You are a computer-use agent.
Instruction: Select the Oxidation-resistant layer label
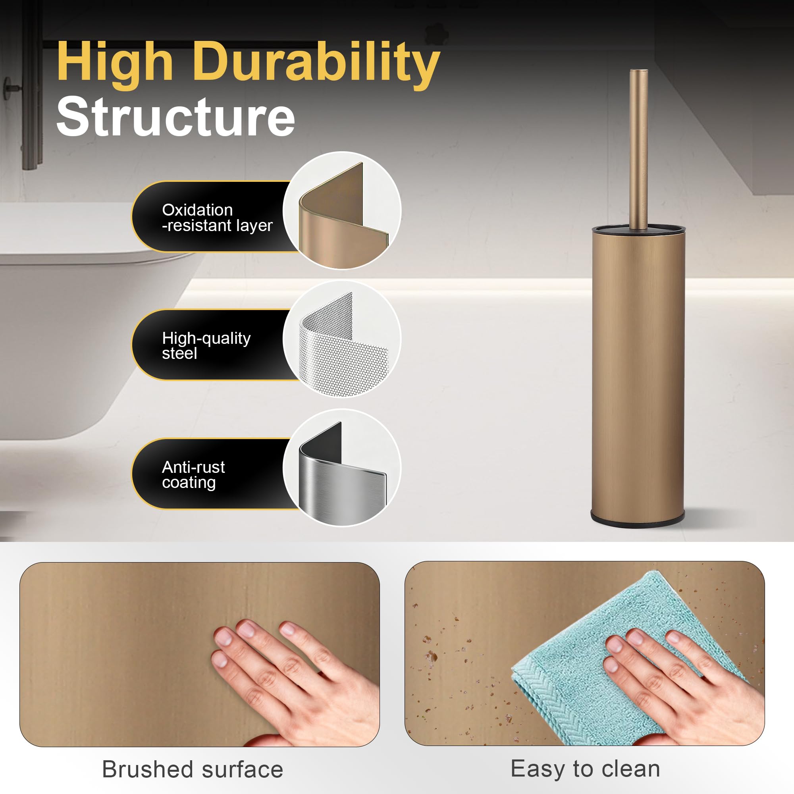pyautogui.click(x=217, y=218)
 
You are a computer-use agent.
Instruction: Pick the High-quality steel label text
pyautogui.click(x=206, y=346)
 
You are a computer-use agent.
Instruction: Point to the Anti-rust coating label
pyautogui.click(x=193, y=475)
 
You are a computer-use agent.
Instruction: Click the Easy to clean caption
pyautogui.click(x=585, y=769)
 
